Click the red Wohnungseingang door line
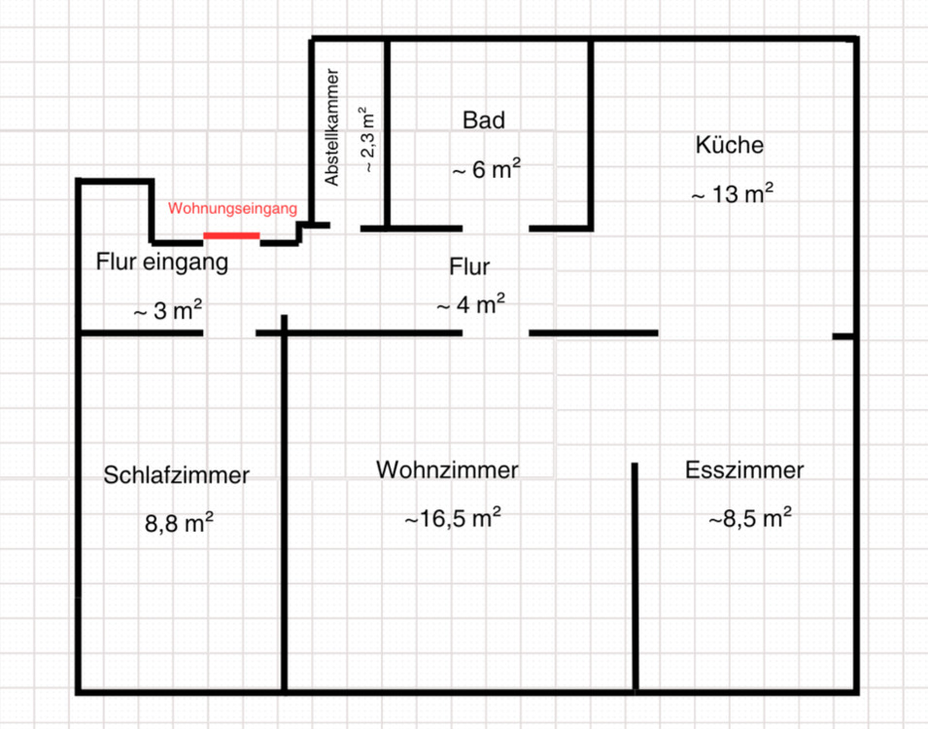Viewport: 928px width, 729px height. point(231,235)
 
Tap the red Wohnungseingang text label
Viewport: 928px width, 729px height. point(232,209)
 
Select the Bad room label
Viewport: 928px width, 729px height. point(484,121)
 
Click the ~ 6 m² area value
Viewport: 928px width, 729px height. point(485,169)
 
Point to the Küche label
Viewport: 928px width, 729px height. point(730,146)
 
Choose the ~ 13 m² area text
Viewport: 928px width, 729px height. point(732,193)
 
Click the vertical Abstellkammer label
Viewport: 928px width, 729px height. point(332,127)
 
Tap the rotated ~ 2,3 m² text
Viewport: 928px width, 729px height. point(368,139)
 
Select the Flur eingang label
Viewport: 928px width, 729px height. point(162,262)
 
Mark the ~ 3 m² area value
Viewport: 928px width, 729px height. point(167,311)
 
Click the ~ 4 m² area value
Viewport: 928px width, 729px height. point(470,304)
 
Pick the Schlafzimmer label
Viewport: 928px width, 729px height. point(177,475)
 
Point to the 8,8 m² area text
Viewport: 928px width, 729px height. point(179,523)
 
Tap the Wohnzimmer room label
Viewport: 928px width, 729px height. point(447,470)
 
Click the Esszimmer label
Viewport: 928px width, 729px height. point(744,470)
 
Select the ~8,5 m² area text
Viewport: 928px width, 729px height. point(749,518)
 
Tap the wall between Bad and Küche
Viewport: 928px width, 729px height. point(590,131)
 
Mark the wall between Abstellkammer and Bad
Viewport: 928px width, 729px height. point(387,131)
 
